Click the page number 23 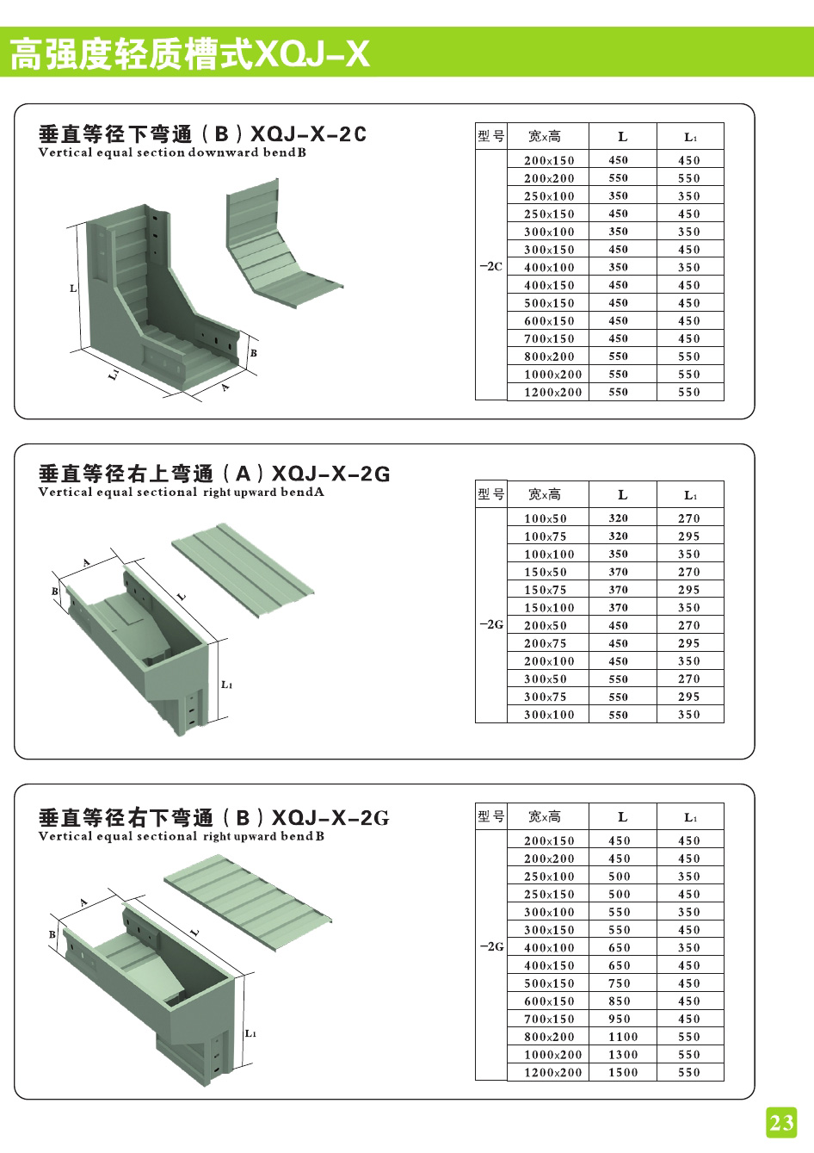coord(781,1122)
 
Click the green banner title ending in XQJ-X coord(189,53)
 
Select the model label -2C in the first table coord(490,267)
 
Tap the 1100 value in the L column coord(623,1037)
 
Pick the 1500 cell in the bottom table coord(623,1073)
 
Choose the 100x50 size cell coord(546,518)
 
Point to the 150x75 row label coord(546,590)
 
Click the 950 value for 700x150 coord(620,1020)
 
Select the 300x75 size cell coord(546,697)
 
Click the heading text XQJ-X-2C coord(308,134)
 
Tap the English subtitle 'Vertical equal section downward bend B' coord(172,153)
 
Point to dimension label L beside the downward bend coord(73,288)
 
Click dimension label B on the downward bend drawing coord(254,353)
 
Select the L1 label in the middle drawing coord(226,685)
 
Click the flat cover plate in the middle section coord(243,569)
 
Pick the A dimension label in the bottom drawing coord(84,902)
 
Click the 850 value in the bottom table coord(620,1001)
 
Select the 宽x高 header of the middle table coord(545,494)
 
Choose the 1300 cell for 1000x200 coord(623,1055)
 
